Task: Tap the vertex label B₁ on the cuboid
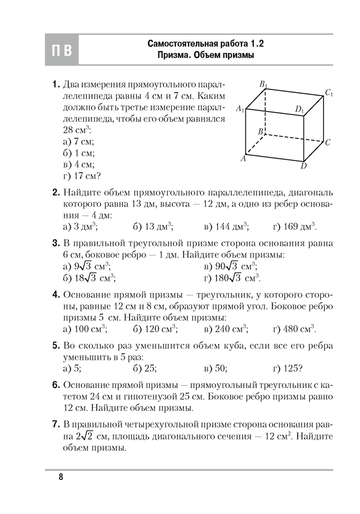click(263, 84)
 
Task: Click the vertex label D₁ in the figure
click(299, 109)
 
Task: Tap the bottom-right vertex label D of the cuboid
click(304, 166)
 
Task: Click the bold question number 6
click(56, 384)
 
